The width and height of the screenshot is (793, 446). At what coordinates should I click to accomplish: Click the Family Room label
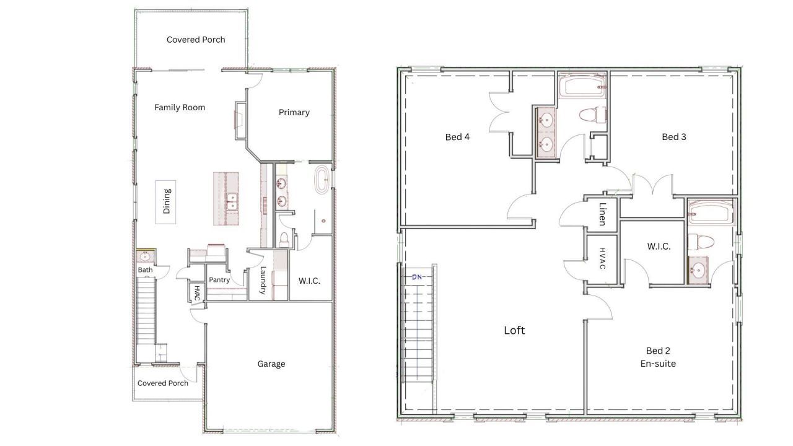coord(180,108)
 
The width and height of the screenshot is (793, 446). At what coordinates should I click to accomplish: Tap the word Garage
coord(271,364)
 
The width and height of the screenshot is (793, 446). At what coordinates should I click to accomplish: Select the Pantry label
coord(219,279)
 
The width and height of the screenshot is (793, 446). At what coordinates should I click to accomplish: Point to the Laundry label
coord(263,281)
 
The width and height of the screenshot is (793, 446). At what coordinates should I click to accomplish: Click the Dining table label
coord(167,201)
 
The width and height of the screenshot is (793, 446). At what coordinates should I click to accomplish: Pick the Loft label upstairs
coord(514,330)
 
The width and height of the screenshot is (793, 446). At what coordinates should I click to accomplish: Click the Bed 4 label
coord(457,137)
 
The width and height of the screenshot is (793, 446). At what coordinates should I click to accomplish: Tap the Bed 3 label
coord(674,137)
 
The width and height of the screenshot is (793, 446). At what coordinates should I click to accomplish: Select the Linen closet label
coord(602,214)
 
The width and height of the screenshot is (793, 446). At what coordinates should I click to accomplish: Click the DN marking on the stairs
coord(417,277)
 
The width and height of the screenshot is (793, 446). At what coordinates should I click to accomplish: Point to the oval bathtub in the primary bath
coord(322,180)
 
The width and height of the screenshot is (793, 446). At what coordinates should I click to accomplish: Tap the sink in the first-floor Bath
coord(145,256)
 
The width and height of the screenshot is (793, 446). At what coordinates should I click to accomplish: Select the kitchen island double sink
coord(232,202)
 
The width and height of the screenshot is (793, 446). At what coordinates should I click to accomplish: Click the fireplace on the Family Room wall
coord(240,121)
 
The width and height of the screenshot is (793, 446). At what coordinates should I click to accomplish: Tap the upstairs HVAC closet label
coord(602,258)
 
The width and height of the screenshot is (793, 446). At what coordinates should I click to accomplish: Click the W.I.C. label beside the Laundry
coord(309,281)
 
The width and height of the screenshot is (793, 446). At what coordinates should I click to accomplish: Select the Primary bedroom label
coord(294,113)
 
